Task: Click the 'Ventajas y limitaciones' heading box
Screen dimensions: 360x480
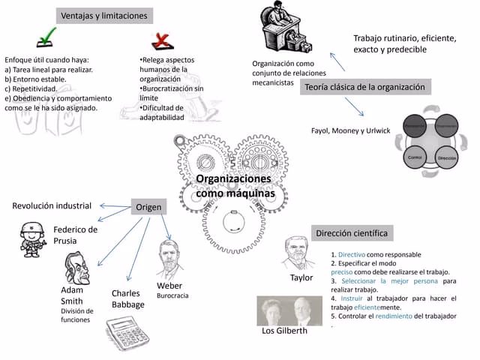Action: [x=104, y=16]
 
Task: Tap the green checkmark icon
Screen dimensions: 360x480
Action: [x=46, y=37]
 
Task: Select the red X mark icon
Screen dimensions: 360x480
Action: [x=162, y=40]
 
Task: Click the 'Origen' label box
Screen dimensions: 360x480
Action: [x=148, y=207]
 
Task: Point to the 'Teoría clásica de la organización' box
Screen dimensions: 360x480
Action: [x=365, y=88]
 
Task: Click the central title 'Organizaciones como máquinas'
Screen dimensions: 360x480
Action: [x=234, y=187]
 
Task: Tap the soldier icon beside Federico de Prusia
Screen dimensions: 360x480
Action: [x=33, y=238]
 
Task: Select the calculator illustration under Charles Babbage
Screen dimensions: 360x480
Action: [x=127, y=334]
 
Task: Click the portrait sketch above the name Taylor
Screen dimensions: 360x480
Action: [x=299, y=253]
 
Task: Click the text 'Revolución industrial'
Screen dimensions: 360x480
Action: [x=52, y=205]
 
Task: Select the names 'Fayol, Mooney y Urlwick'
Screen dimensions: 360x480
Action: [x=350, y=130]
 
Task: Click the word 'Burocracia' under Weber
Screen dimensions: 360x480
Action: [x=172, y=296]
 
